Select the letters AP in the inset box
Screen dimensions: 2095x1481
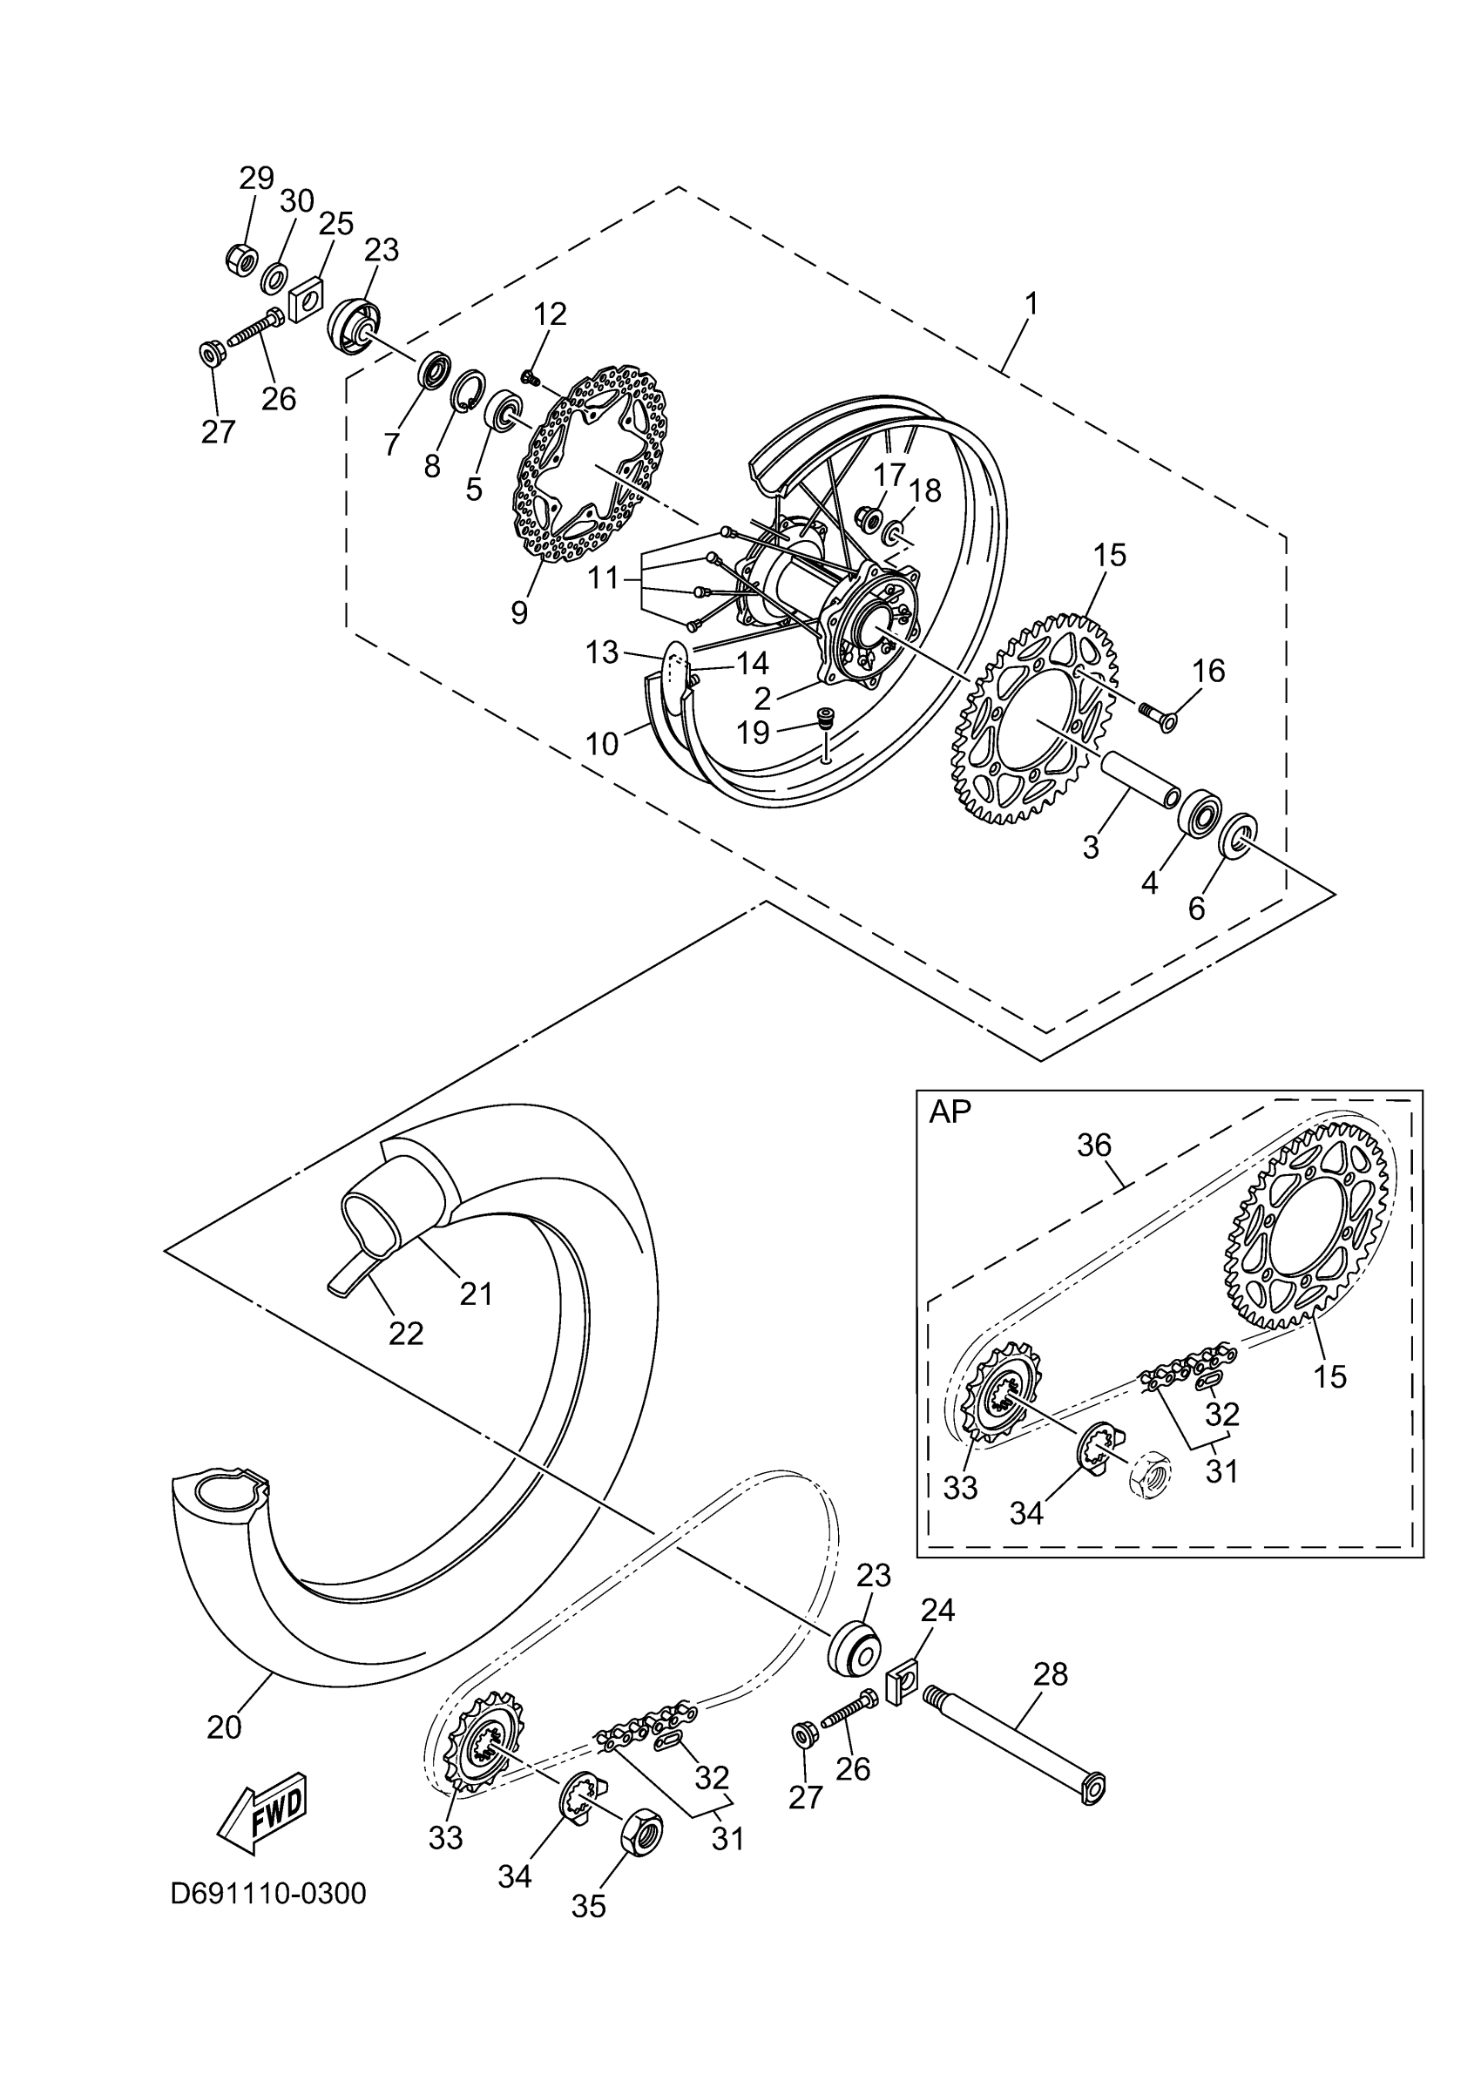point(950,1112)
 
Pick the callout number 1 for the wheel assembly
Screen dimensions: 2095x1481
point(1031,304)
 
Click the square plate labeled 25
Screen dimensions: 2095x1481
point(308,297)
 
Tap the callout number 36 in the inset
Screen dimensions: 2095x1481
point(1094,1145)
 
